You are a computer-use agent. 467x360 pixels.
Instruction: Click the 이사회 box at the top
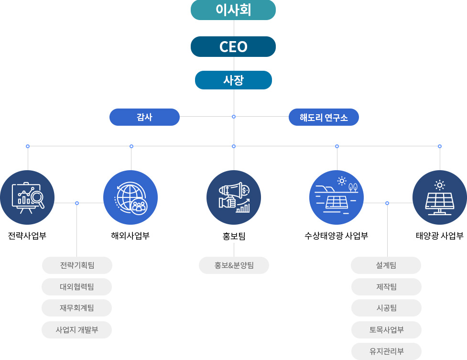(233, 10)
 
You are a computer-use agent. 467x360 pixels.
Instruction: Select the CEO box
(233, 47)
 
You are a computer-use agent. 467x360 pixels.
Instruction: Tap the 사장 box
(233, 80)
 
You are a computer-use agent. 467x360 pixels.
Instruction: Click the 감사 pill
(144, 117)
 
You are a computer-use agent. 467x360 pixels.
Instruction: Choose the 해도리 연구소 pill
(324, 117)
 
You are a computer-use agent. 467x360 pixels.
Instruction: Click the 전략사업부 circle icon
(27, 197)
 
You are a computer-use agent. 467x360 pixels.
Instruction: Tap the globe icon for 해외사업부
(130, 197)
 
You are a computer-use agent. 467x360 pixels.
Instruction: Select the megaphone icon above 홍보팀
(234, 197)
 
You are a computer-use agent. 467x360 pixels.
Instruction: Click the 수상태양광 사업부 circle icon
(337, 197)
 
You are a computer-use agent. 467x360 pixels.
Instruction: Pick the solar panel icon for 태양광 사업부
(439, 197)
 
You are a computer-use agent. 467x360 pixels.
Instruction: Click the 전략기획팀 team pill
(77, 265)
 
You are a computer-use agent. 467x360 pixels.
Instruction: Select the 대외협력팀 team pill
(77, 287)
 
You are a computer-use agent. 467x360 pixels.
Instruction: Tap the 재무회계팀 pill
(77, 308)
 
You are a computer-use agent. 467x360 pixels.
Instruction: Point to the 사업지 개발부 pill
(77, 330)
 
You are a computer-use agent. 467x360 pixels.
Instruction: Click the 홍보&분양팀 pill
(234, 265)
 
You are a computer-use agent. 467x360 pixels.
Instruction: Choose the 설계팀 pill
(386, 265)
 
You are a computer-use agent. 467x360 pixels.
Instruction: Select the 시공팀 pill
(386, 308)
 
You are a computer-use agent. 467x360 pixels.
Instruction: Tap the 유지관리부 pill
(386, 351)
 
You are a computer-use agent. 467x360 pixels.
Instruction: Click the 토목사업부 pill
(386, 330)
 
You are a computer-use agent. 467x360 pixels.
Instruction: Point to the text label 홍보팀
(234, 236)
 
